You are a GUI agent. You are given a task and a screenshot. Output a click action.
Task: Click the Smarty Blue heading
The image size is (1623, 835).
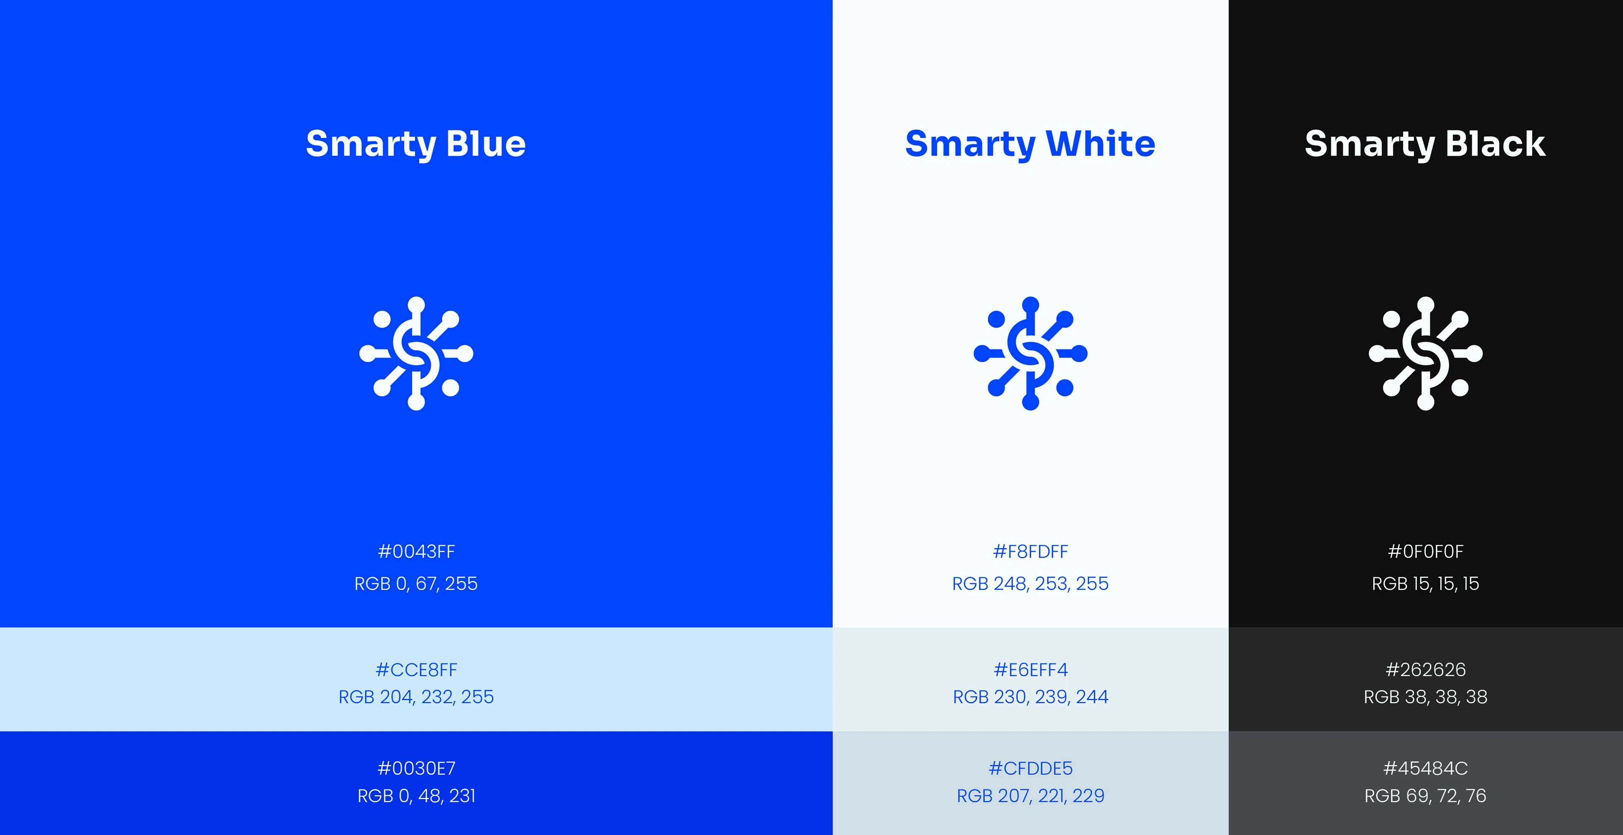416,144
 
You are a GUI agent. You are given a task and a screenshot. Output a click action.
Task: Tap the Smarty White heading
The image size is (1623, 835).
1030,144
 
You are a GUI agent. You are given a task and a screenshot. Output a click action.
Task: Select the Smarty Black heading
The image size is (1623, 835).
1425,144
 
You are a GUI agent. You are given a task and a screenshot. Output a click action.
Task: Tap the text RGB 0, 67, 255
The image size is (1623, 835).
416,583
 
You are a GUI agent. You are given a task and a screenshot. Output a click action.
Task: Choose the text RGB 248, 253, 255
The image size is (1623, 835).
1030,583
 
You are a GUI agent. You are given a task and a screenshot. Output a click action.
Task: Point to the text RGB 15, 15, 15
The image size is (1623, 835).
1425,583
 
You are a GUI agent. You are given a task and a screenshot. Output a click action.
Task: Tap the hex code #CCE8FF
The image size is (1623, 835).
416,669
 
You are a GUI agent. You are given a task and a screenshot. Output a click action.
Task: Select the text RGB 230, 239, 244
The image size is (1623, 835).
1030,697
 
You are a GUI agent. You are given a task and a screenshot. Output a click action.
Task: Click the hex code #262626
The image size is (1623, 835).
1425,669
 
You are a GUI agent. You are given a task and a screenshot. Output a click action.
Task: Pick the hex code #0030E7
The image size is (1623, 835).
416,768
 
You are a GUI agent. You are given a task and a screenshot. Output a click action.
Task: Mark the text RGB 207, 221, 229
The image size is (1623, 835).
1030,796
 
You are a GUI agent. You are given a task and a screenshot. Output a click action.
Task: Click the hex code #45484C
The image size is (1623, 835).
1425,768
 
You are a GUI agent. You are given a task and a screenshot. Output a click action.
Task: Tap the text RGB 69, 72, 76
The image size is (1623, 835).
1425,796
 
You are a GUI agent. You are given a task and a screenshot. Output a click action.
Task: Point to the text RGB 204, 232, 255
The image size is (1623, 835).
416,697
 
